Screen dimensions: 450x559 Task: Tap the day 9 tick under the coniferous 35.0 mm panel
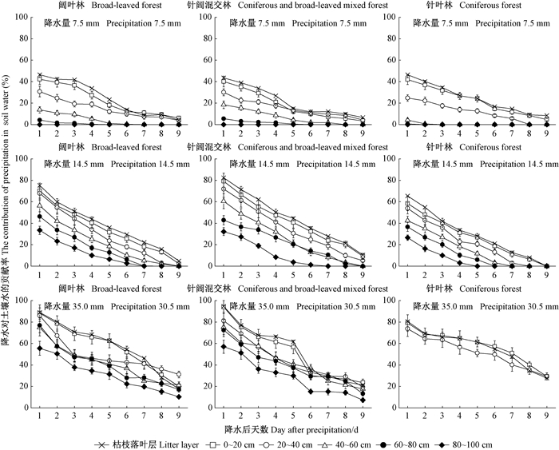(547, 416)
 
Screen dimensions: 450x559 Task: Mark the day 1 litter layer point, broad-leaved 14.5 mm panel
(39, 185)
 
